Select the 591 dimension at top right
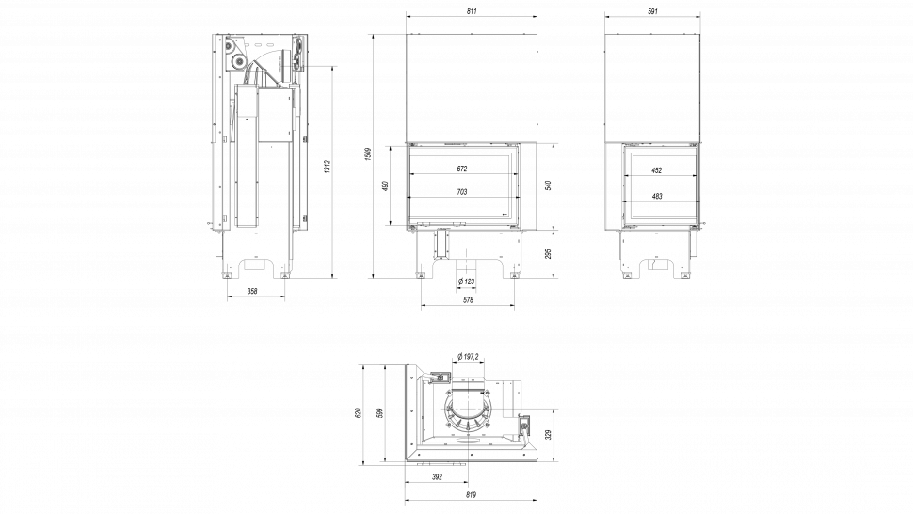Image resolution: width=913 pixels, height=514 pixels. tap(652, 10)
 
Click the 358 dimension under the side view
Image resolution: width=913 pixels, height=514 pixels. tap(252, 292)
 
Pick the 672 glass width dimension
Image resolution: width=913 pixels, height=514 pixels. tap(461, 169)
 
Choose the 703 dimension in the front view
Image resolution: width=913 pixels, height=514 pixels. tap(461, 192)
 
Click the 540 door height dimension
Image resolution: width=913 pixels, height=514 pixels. tap(548, 185)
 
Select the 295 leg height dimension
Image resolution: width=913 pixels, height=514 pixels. tap(548, 253)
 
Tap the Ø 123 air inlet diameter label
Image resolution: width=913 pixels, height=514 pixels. tap(465, 281)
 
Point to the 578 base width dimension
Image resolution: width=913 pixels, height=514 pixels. tap(468, 300)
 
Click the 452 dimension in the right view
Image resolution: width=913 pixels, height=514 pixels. tap(658, 170)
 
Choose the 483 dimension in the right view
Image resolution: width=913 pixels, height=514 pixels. tap(658, 196)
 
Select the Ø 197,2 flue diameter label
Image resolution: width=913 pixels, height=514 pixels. tap(468, 356)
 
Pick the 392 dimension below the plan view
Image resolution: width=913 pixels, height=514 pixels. tap(437, 477)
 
